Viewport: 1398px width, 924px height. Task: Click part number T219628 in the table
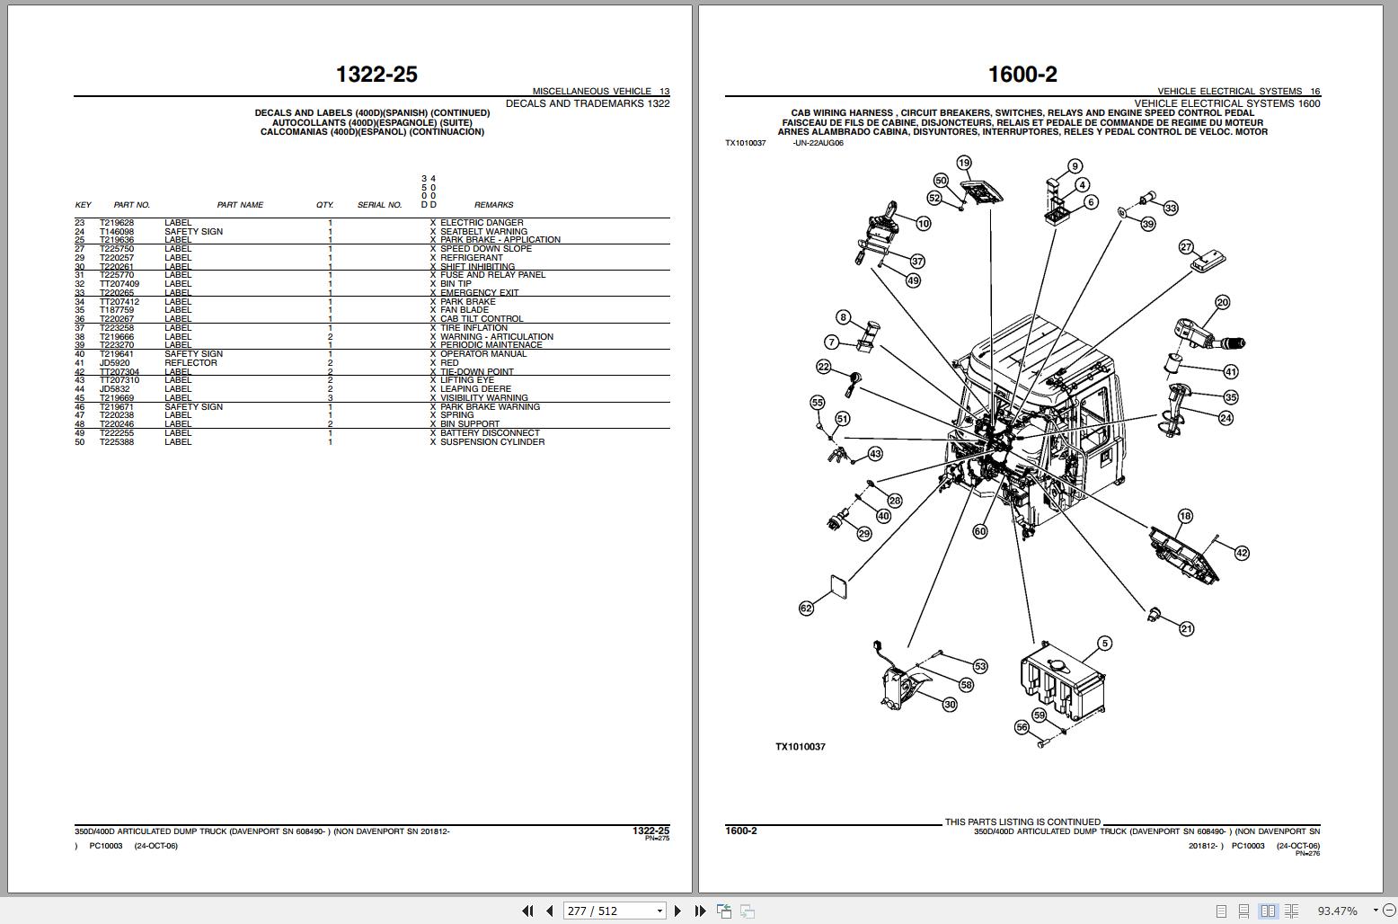click(116, 223)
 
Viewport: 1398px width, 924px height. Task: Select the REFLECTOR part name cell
click(190, 363)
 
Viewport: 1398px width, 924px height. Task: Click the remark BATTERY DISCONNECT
click(490, 433)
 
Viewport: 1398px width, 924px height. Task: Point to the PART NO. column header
click(132, 205)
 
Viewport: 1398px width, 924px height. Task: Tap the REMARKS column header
click(493, 205)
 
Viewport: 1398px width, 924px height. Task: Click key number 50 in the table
click(80, 442)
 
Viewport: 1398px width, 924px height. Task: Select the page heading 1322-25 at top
click(376, 75)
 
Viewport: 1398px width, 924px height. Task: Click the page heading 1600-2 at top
click(1022, 75)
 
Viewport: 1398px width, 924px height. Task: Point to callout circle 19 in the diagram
click(964, 163)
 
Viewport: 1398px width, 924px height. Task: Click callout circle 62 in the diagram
click(806, 609)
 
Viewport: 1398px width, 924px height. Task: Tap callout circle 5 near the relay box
click(1105, 643)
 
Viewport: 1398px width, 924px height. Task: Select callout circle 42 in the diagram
click(1241, 553)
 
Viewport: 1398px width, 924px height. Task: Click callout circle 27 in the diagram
click(1186, 247)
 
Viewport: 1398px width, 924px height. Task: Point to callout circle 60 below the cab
click(980, 531)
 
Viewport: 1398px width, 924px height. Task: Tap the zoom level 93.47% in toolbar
click(1337, 911)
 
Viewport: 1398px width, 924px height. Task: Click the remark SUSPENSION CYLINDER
click(491, 442)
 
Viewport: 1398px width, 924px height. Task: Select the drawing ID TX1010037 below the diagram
click(800, 747)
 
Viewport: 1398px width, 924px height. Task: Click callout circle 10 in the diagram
click(924, 223)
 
